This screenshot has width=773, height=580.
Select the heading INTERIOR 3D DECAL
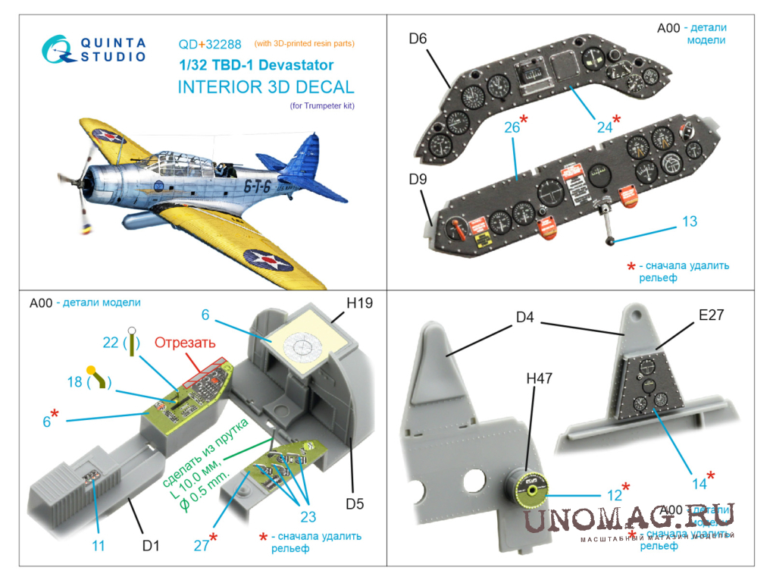click(x=265, y=86)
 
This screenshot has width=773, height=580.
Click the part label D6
click(x=418, y=39)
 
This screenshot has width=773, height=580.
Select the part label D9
click(x=418, y=180)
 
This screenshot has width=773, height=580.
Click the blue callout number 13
click(x=689, y=221)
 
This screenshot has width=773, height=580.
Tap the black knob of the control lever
click(x=610, y=242)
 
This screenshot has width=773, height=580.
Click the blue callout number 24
click(x=604, y=127)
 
